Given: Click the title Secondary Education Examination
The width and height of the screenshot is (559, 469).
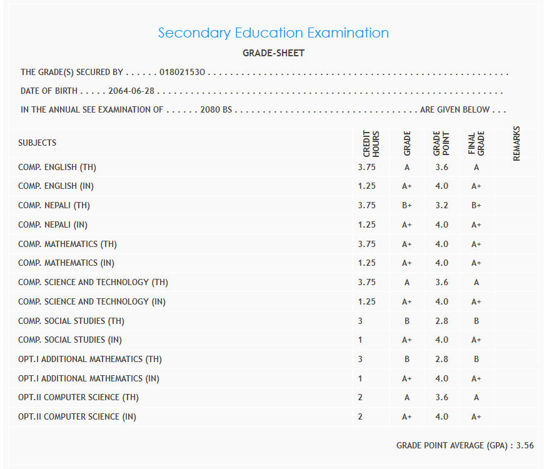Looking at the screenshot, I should tap(273, 33).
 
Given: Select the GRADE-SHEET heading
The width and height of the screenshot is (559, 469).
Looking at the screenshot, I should tap(273, 53).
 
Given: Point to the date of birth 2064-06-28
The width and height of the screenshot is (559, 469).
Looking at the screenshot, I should tap(131, 91).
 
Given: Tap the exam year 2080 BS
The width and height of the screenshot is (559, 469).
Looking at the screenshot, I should tap(216, 109).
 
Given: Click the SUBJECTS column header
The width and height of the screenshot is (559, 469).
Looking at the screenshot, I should tap(37, 143).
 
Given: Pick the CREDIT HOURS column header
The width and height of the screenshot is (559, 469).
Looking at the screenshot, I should tap(371, 144).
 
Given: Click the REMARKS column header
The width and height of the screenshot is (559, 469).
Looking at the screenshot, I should tap(516, 143).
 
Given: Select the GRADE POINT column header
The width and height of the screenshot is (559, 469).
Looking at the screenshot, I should tap(441, 144).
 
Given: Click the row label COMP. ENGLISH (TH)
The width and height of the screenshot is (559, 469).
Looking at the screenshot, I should tap(57, 167).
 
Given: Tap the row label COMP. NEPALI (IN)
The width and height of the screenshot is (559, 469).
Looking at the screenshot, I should tap(56, 224).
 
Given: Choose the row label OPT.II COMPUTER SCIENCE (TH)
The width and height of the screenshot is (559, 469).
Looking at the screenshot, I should tap(78, 397).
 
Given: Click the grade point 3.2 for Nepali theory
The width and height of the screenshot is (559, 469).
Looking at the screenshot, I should tap(442, 205).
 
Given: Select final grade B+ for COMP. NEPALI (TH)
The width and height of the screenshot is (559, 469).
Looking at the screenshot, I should tap(476, 205).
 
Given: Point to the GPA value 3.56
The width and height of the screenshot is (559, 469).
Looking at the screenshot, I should tap(525, 445).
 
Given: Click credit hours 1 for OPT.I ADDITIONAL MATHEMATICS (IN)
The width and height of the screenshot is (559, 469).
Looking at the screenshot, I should tap(360, 378).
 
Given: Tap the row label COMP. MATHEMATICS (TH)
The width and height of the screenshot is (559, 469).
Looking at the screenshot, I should tap(68, 244).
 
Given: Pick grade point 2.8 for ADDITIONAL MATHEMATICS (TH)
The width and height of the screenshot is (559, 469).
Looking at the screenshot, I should tap(442, 359).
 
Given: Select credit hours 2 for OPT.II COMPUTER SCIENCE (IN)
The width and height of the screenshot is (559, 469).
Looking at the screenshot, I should tap(361, 416).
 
